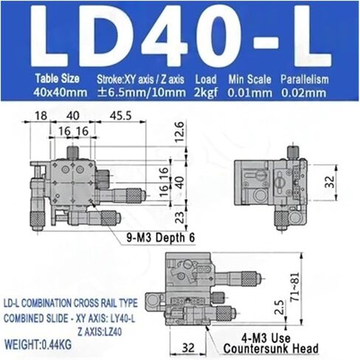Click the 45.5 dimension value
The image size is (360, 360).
point(120,116)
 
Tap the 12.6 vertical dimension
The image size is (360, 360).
point(179,132)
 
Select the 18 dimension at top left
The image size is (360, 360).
point(41,116)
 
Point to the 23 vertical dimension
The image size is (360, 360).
point(180,217)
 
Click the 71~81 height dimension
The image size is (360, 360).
point(294,287)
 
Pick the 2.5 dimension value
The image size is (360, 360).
point(280,308)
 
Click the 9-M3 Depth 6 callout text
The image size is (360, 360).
point(161,238)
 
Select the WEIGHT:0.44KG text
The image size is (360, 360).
point(38,345)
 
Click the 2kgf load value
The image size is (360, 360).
point(206,93)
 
